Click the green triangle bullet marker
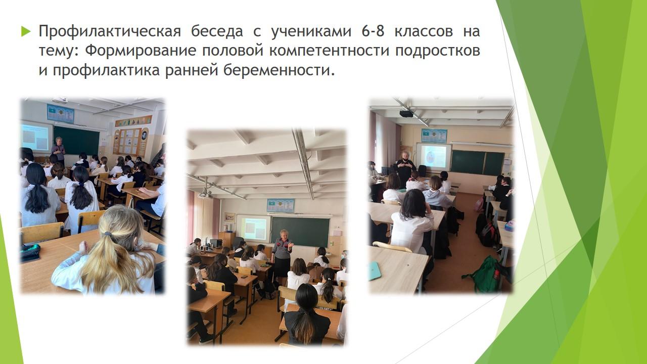(x=25, y=31)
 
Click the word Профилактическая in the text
(x=110, y=31)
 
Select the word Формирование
(x=141, y=51)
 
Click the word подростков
(x=438, y=51)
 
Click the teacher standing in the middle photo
(x=282, y=254)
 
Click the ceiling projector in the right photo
(x=406, y=114)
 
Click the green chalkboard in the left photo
(x=76, y=141)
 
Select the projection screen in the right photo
(x=434, y=157)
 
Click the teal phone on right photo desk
(x=375, y=270)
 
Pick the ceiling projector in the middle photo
(x=205, y=194)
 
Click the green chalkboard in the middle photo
(x=300, y=232)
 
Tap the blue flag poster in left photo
(x=61, y=114)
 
